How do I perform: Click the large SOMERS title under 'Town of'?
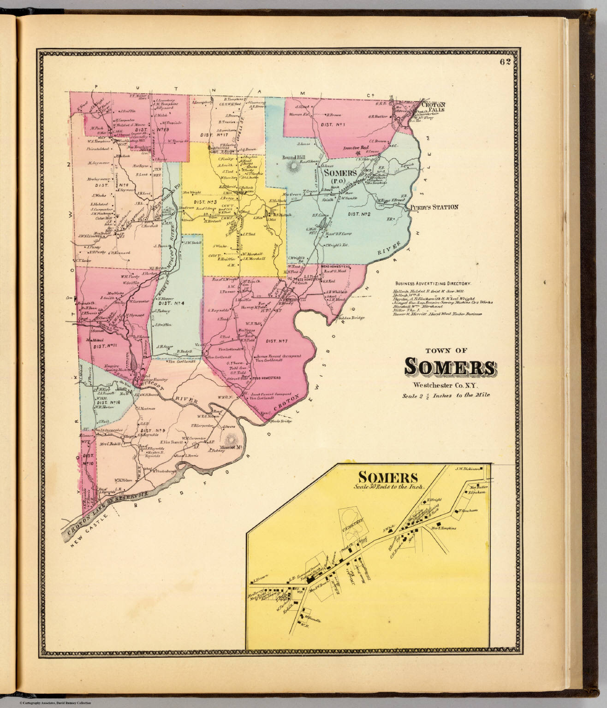[x=450, y=366]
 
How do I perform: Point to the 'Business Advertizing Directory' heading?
[x=435, y=283]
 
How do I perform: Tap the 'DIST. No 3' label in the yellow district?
[x=205, y=201]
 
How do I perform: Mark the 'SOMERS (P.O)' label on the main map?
[x=340, y=177]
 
